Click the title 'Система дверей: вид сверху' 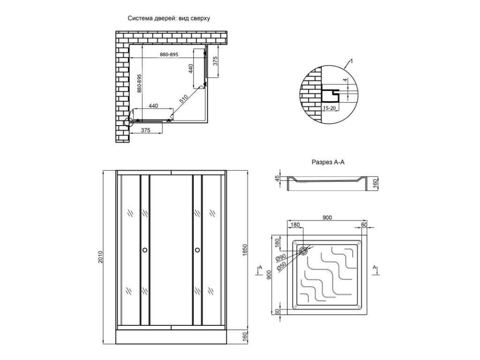[169, 18]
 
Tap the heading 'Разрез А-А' [328, 162]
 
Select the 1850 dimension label [244, 251]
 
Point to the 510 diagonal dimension [184, 99]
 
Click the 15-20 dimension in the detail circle [329, 108]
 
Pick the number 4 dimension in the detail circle [345, 80]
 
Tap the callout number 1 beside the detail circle [352, 61]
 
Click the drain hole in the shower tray [303, 251]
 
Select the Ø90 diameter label [281, 258]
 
